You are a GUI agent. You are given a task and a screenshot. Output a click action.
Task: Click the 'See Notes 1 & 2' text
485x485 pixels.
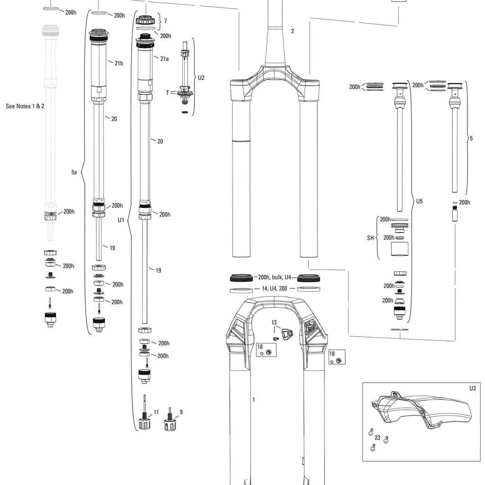(25, 106)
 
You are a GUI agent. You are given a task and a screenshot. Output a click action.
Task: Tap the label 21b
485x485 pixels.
(119, 63)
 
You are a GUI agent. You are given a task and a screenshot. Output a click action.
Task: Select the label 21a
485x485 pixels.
(164, 59)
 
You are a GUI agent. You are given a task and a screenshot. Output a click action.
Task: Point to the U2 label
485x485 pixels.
(201, 78)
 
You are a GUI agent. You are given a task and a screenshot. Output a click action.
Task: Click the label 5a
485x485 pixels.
(74, 172)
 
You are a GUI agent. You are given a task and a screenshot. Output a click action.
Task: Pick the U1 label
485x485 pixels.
(121, 220)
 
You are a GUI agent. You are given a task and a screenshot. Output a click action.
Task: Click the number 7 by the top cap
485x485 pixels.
(165, 21)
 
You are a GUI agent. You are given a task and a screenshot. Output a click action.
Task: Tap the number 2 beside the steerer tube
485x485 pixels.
(292, 31)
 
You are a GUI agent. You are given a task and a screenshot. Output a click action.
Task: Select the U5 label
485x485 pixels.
(419, 201)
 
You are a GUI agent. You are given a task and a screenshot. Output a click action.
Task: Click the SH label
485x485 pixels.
(370, 238)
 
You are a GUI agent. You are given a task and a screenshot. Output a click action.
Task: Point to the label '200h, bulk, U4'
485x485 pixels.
(275, 278)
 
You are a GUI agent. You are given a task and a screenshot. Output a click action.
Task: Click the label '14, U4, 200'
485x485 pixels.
(274, 288)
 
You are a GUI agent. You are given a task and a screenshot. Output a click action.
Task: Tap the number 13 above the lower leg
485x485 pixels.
(274, 323)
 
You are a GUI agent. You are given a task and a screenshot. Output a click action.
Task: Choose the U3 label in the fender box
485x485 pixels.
(472, 388)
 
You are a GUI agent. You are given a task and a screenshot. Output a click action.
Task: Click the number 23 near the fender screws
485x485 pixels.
(377, 438)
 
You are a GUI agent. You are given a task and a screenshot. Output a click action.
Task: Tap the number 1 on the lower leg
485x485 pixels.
(254, 400)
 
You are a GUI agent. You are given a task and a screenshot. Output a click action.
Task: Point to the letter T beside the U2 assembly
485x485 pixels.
(167, 93)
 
